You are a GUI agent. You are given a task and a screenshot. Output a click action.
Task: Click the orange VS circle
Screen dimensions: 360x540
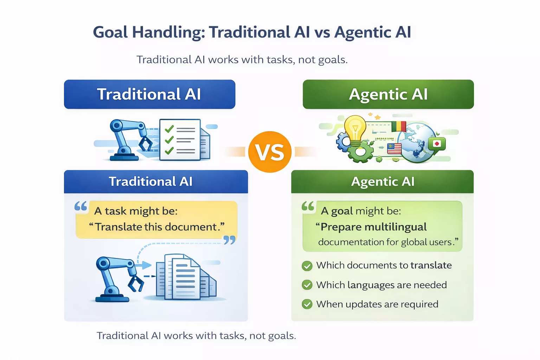[270, 152]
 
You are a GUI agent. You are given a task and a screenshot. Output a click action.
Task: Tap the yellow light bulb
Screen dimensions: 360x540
[355, 129]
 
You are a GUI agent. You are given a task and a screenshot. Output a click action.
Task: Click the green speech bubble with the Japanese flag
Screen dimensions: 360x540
[437, 144]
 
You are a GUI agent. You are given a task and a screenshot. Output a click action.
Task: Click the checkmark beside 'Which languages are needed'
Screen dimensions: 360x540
[307, 285]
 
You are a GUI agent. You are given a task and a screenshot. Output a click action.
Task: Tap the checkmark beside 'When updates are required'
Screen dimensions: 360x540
[307, 304]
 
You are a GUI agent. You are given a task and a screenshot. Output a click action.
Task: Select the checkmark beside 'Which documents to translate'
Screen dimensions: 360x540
[307, 266]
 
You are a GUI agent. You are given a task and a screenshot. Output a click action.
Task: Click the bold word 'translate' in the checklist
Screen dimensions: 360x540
[431, 265]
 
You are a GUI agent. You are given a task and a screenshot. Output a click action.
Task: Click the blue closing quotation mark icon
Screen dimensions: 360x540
[229, 240]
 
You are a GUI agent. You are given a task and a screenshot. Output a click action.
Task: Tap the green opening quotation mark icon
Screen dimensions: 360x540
[308, 206]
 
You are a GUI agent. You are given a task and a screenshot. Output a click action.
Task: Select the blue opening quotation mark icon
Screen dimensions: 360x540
[81, 206]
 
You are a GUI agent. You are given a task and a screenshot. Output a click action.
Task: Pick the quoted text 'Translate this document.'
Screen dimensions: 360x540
[157, 227]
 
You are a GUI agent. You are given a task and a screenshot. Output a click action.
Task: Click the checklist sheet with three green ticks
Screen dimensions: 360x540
[180, 140]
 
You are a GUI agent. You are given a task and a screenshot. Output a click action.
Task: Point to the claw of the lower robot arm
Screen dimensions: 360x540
[136, 283]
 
